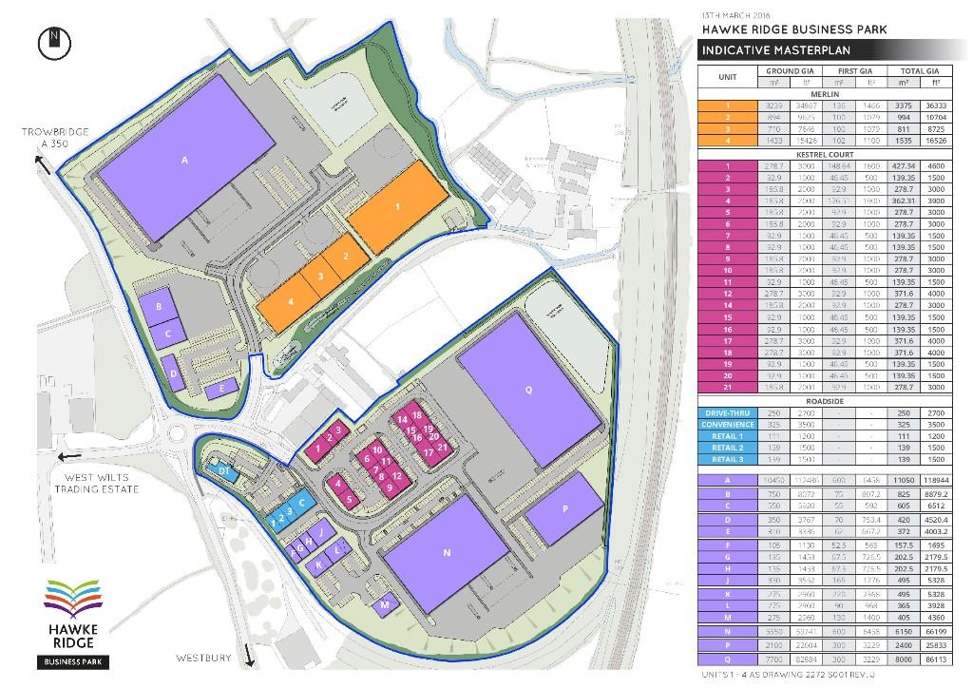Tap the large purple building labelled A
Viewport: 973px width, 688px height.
tap(185, 160)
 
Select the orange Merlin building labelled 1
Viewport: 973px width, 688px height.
tap(397, 206)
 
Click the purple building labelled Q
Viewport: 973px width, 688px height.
tap(528, 390)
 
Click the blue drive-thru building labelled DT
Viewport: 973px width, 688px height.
tap(224, 471)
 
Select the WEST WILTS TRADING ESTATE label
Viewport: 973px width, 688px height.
tap(97, 485)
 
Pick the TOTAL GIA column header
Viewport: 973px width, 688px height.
tap(919, 71)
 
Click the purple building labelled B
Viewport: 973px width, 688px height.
tap(159, 307)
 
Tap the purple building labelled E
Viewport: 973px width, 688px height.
tap(221, 388)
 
